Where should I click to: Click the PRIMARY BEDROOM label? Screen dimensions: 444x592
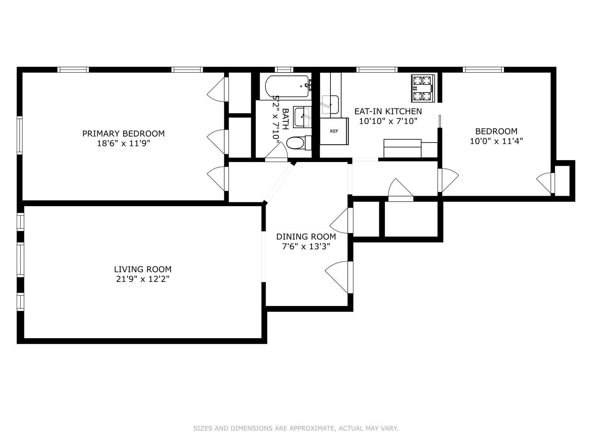[123, 134]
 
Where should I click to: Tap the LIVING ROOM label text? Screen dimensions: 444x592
[142, 269]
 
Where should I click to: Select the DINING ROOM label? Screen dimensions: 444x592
[306, 237]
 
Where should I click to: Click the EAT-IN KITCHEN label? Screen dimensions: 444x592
[388, 111]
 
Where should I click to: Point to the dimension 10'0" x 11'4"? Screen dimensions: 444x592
[496, 141]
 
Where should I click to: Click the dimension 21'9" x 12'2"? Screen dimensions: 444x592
[142, 279]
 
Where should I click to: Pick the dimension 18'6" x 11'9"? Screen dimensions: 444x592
[123, 143]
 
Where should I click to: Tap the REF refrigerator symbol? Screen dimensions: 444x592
[334, 131]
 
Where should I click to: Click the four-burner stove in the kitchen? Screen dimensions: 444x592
[423, 88]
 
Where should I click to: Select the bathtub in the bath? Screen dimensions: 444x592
[287, 86]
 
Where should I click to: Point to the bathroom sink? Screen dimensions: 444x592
[302, 117]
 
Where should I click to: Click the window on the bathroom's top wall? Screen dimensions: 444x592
[284, 70]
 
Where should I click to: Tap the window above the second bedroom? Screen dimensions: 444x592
[483, 70]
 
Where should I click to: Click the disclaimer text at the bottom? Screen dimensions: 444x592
[296, 428]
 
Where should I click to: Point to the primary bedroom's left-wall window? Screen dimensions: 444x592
[20, 135]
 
